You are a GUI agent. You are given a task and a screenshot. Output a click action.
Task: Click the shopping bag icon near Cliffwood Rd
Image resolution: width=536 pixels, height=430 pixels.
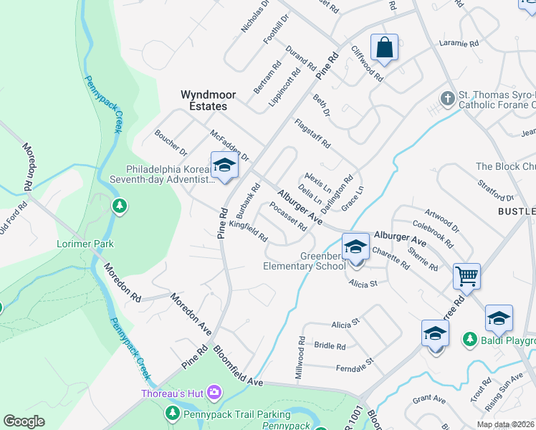[385, 47]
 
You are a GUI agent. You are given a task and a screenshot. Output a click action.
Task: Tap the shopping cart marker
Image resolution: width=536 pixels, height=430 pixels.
[466, 275]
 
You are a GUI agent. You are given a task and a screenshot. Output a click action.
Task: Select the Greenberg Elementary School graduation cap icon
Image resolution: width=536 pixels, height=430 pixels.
[355, 247]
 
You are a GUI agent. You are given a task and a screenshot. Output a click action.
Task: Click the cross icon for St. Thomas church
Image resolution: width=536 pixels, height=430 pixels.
[448, 98]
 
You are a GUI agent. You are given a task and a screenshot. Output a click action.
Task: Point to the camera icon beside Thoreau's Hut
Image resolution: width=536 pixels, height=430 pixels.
[214, 392]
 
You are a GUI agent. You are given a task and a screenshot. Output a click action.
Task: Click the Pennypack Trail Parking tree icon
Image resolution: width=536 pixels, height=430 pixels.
[172, 414]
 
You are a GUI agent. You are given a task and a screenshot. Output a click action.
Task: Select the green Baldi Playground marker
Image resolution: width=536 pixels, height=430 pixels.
[469, 338]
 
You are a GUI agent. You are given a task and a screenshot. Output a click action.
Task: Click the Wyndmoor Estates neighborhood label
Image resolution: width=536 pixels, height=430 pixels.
[204, 100]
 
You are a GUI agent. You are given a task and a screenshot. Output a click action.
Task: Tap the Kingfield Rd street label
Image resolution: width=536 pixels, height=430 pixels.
[249, 231]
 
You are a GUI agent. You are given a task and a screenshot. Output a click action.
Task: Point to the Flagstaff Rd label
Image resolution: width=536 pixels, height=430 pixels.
[312, 134]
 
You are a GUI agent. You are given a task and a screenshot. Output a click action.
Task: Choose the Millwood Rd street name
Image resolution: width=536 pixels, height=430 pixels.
[301, 358]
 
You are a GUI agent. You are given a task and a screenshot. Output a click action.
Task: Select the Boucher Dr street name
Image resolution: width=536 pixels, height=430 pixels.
[171, 143]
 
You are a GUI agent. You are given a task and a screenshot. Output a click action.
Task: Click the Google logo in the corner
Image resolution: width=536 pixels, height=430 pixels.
[24, 421]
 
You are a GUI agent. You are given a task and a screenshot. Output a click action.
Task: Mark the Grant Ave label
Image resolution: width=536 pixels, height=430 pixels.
[429, 398]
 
